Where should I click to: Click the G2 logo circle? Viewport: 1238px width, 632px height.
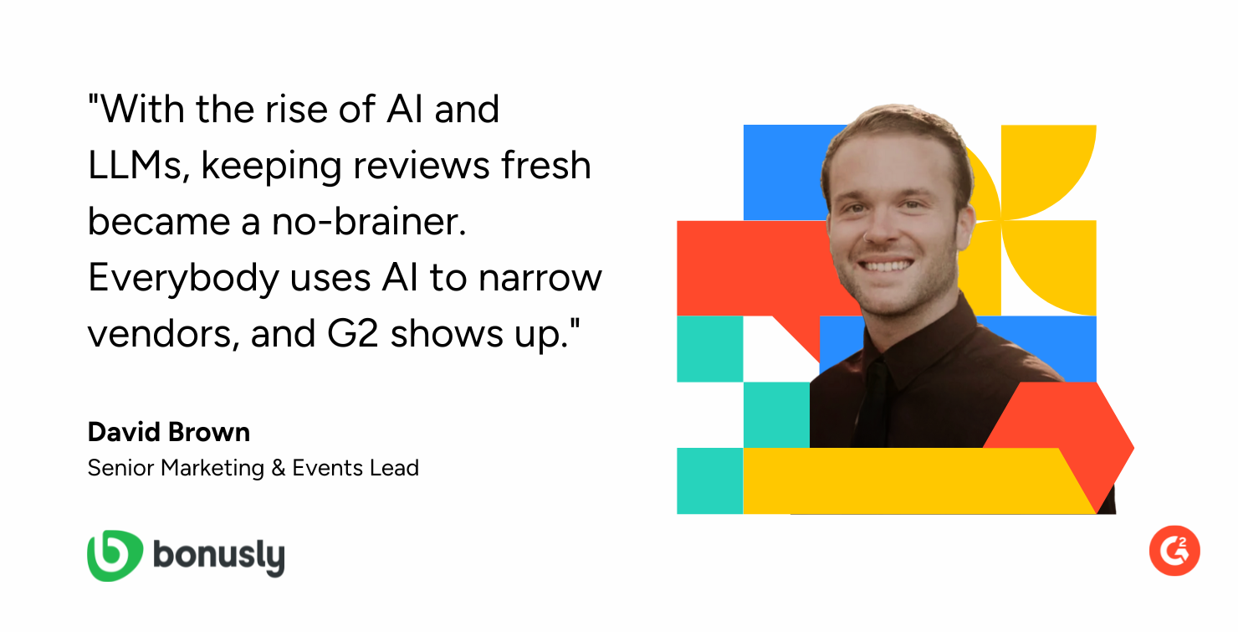point(1174,551)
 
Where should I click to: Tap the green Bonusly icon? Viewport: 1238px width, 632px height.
point(115,555)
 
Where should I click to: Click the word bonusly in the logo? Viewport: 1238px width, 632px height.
point(219,557)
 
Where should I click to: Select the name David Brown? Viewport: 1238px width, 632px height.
point(169,432)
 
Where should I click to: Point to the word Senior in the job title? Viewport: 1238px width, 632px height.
point(120,468)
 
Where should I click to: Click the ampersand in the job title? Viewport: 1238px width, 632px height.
point(278,468)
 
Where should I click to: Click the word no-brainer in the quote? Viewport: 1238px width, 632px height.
point(369,221)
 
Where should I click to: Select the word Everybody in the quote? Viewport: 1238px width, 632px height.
point(183,278)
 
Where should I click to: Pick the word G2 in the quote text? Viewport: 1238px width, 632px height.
point(352,333)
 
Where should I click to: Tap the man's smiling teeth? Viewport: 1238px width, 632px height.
point(887,266)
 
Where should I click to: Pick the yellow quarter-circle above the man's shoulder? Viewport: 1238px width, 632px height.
point(1048,172)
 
